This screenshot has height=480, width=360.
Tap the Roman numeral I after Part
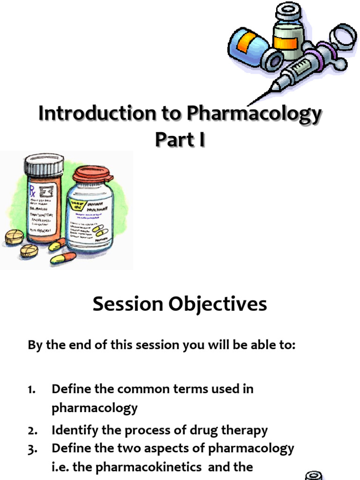tap(201, 140)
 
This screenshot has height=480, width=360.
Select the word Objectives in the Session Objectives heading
tap(218, 304)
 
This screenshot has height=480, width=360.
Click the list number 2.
tap(32, 430)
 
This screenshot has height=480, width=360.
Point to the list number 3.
tap(32, 449)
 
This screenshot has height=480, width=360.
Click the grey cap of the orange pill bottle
tap(44, 165)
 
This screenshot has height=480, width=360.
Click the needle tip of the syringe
tap(251, 104)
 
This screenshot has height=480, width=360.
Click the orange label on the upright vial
tap(285, 43)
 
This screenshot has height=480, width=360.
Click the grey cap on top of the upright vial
tap(287, 11)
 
